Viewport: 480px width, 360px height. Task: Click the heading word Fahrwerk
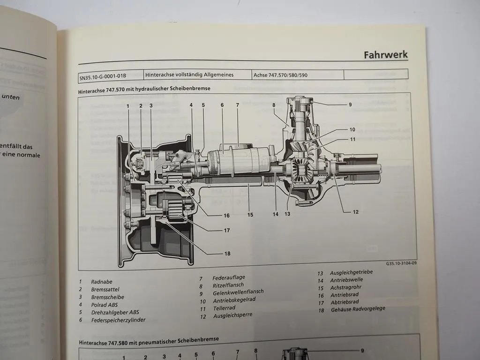point(385,55)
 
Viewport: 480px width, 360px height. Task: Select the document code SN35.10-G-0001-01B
point(103,75)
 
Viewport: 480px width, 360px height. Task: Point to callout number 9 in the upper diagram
point(350,105)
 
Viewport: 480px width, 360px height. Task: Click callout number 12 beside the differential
point(356,212)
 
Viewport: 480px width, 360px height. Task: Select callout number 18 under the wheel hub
point(227,254)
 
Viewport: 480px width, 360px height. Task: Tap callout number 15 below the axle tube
point(250,215)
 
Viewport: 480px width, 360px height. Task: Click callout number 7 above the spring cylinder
point(237,105)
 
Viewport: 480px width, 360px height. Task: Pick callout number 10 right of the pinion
point(352,129)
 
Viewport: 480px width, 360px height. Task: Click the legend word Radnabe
point(102,282)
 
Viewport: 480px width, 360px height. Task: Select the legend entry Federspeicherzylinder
point(118,320)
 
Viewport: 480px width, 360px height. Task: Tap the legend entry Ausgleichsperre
point(232,315)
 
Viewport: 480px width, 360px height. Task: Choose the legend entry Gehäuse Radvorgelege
point(358,309)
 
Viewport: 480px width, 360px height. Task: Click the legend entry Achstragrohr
point(347,287)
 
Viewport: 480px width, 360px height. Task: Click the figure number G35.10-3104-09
point(401,263)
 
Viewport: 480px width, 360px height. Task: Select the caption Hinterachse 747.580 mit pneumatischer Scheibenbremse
point(149,339)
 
